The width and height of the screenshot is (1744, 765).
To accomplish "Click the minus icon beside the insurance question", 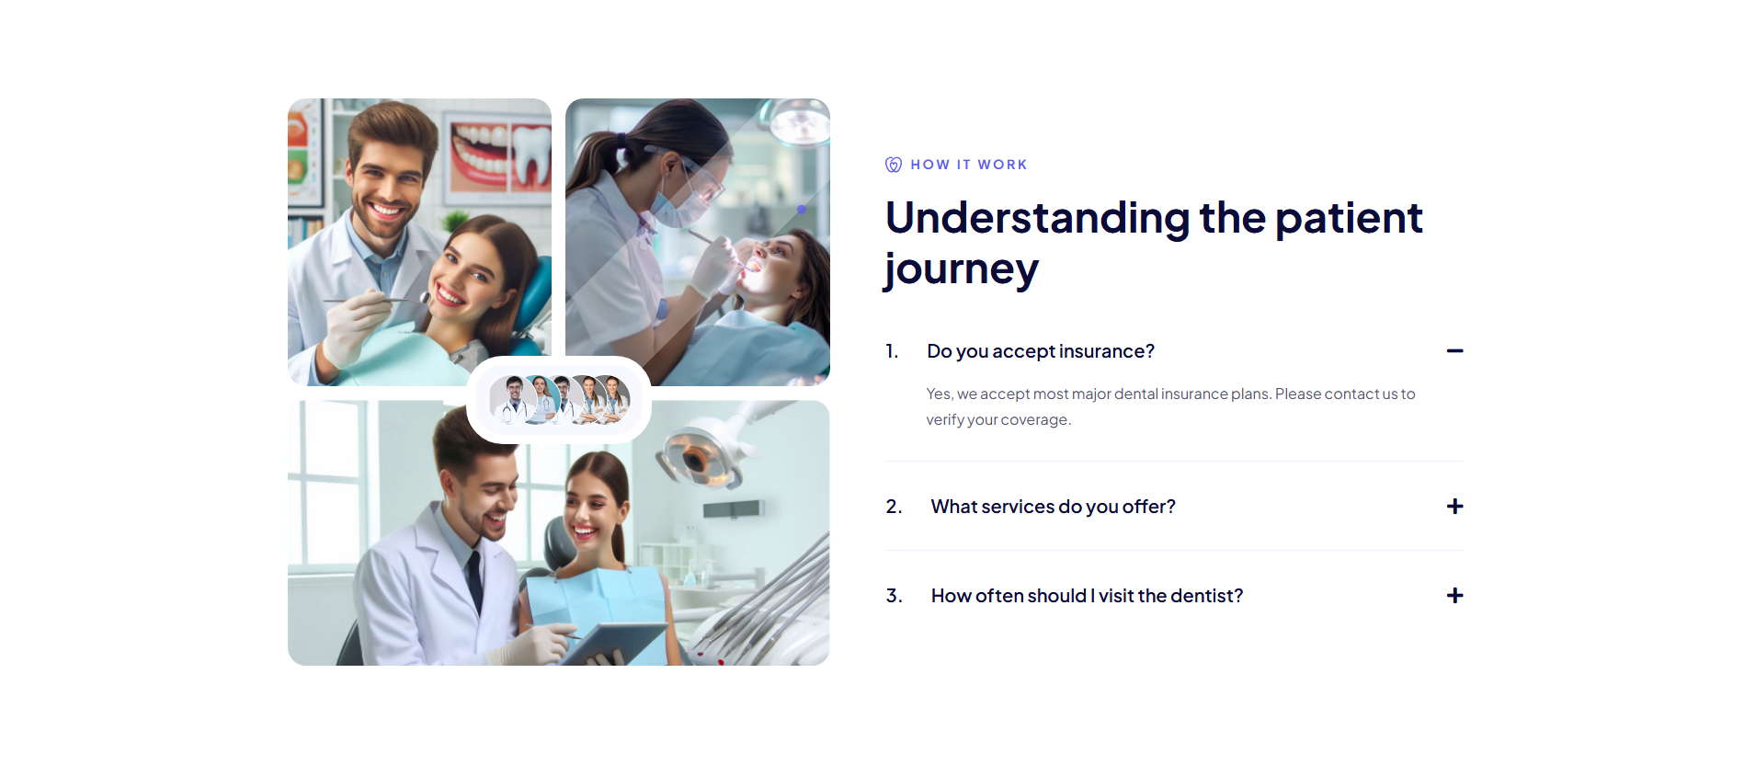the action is [1454, 351].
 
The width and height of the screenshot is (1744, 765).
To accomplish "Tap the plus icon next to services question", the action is [1454, 507].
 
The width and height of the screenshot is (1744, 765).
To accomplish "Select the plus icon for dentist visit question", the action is [1454, 596].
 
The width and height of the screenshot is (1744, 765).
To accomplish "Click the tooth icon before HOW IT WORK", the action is [894, 165].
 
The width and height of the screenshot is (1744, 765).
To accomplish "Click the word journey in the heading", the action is [962, 270].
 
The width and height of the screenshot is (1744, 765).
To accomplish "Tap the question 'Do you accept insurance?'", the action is [1041, 351].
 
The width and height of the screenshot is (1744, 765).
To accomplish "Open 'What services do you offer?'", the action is [1054, 507].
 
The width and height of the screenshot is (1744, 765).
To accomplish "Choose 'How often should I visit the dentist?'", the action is [1088, 596].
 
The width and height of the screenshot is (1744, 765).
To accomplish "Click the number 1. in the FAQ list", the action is [892, 351].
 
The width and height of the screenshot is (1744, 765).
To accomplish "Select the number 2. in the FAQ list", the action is [894, 507].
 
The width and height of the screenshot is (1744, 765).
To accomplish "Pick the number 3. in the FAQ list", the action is [894, 596].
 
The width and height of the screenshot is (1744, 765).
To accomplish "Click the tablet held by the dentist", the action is [611, 644].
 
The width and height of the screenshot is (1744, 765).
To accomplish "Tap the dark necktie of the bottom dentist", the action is [474, 579].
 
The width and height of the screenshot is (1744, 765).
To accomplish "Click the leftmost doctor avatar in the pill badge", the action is [513, 399].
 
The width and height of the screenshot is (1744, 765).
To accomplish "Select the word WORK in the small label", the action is [1002, 165].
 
